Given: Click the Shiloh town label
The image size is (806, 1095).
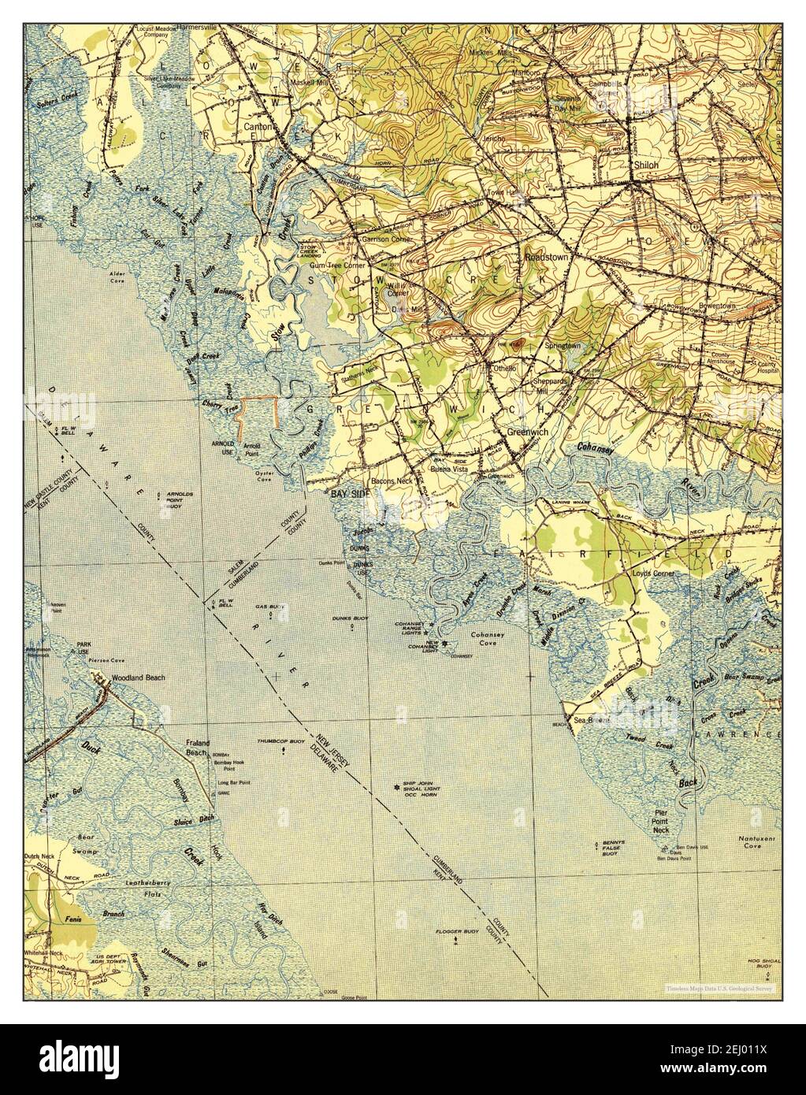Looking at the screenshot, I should (645, 165).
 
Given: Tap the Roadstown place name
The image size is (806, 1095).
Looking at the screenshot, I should (545, 257).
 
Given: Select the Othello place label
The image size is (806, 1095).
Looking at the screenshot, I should (503, 368).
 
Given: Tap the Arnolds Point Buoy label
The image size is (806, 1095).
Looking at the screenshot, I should (180, 499).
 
